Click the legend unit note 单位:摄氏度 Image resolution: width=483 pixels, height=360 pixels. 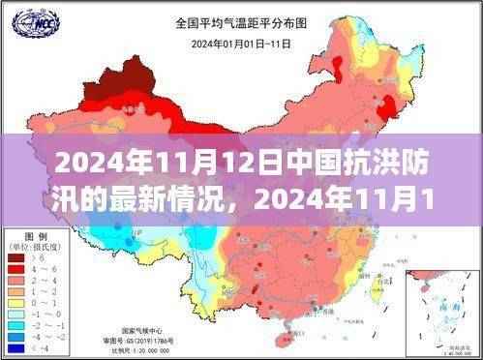click(x=34, y=248)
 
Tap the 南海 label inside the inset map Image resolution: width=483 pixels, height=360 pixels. click(x=446, y=308)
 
